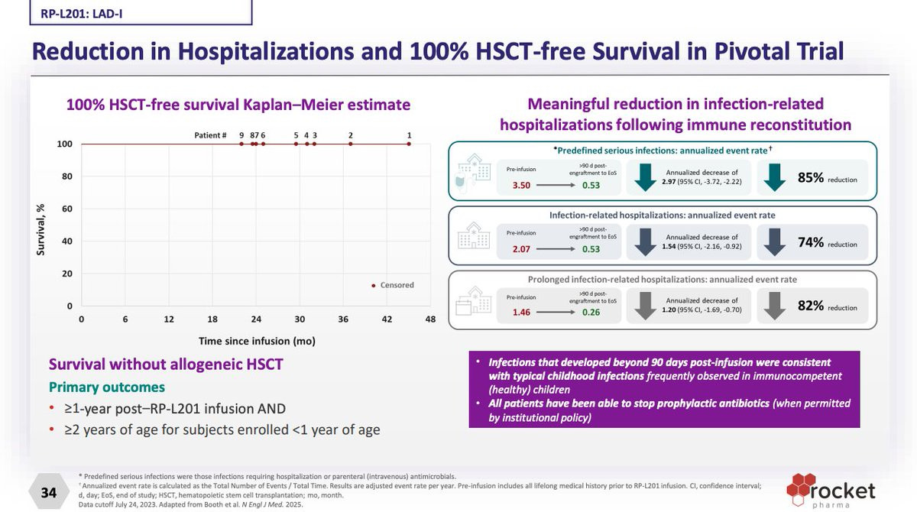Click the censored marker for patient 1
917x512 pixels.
[x=409, y=144]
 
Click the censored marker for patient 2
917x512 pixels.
[x=351, y=144]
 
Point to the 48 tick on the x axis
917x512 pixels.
[x=430, y=319]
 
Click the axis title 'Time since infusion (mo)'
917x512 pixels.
[x=257, y=341]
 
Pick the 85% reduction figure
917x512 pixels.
[x=812, y=178]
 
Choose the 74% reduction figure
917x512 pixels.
[x=812, y=243]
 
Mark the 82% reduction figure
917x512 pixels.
[x=812, y=306]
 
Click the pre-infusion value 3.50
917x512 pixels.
[x=522, y=185]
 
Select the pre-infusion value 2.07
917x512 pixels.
[x=522, y=249]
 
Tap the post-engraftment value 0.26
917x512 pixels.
[x=591, y=313]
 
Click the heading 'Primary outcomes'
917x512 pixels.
[x=107, y=387]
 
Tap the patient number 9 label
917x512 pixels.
[x=241, y=135]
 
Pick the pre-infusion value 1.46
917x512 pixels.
[x=522, y=313]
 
